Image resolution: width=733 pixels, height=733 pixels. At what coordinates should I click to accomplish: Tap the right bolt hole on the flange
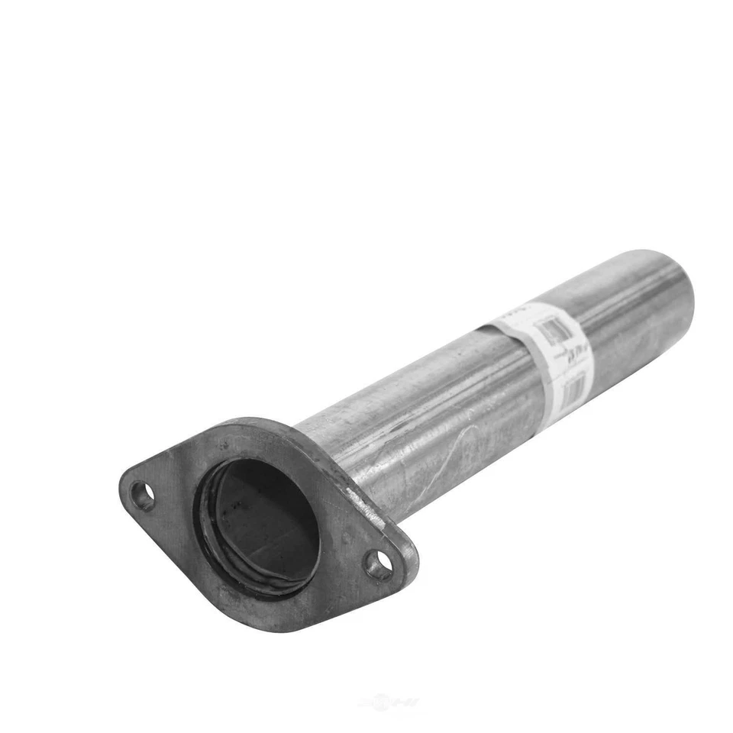pyautogui.click(x=378, y=566)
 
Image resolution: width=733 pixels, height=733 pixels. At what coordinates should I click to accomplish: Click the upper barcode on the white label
pyautogui.click(x=551, y=331)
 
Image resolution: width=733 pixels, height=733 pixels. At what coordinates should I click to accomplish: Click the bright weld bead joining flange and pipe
pyautogui.click(x=353, y=489)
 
